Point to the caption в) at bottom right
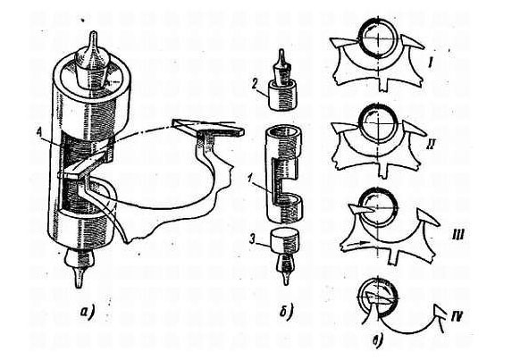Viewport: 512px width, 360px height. click(x=377, y=342)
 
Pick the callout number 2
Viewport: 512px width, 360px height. click(x=255, y=85)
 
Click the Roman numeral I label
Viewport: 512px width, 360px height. click(x=431, y=63)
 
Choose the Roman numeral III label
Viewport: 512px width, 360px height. click(x=457, y=234)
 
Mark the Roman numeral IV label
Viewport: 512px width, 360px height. click(x=457, y=315)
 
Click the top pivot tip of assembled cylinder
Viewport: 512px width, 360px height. click(x=93, y=32)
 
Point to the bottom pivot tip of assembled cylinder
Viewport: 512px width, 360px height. click(x=79, y=286)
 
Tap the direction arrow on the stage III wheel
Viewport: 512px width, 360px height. click(x=356, y=243)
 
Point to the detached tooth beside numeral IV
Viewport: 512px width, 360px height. click(x=440, y=313)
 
